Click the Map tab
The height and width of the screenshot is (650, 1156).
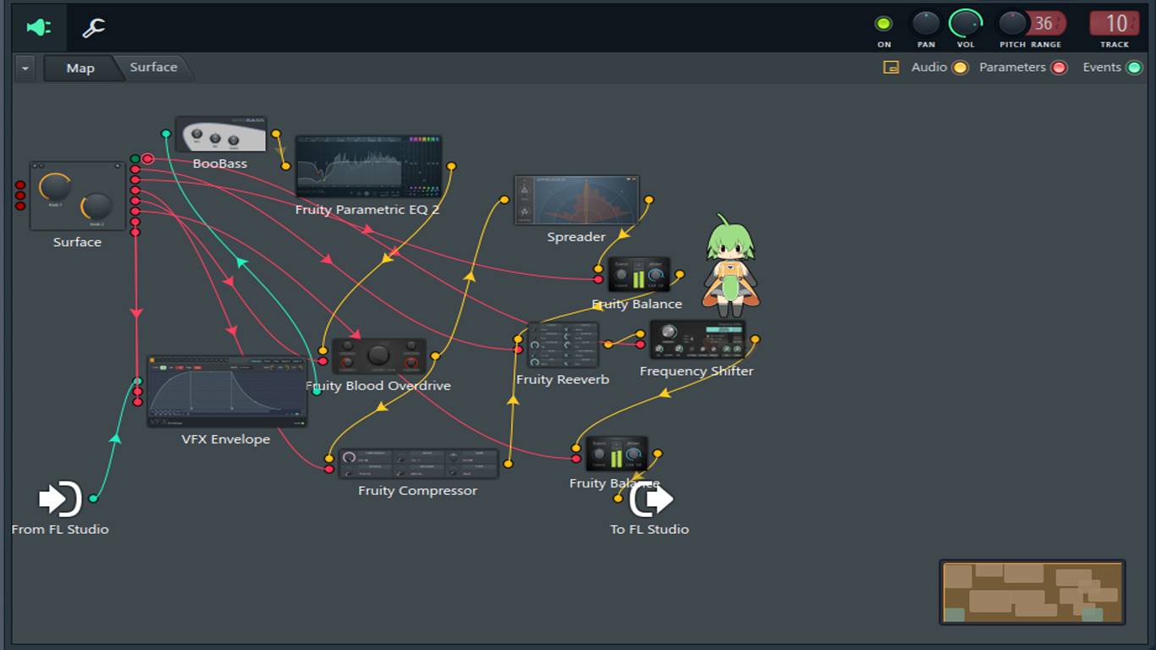(80, 69)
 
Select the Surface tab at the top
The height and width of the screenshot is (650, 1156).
(153, 68)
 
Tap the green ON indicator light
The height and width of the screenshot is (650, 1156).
(884, 24)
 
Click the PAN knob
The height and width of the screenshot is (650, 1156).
(926, 23)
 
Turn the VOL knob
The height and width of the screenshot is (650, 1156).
(965, 23)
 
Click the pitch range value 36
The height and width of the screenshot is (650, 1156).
(1043, 24)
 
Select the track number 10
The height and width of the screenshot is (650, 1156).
(1115, 24)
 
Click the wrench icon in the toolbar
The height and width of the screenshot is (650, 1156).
(93, 27)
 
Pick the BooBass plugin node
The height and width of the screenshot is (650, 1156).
(220, 135)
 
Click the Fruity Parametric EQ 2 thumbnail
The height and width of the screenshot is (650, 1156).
(368, 166)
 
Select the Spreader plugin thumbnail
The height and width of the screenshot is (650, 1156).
(576, 201)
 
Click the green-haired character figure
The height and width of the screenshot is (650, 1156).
(730, 265)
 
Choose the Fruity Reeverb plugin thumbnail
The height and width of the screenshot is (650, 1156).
(563, 345)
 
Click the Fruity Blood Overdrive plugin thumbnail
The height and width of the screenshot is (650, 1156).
(378, 356)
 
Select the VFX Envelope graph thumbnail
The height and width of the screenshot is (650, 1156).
(227, 392)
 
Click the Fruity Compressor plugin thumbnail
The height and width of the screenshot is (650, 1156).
(418, 464)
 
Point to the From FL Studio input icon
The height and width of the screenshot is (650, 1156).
(60, 499)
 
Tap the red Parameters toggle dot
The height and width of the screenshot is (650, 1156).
(1059, 68)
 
